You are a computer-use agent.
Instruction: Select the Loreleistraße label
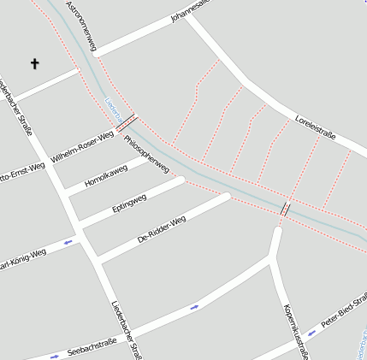pos(315,128)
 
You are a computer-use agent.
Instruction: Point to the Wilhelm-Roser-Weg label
pos(82,147)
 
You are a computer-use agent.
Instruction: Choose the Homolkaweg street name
pos(107,177)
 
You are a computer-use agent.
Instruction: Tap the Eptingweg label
pos(129,204)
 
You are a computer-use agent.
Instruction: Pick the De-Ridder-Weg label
pos(162,229)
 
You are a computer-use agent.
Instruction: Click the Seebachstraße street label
pos(92,343)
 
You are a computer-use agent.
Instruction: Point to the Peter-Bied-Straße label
pos(345,312)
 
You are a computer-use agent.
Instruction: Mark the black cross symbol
pos(35,63)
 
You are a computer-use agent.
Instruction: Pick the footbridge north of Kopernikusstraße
pos(285,209)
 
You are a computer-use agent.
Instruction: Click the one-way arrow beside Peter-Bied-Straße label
pos(311,333)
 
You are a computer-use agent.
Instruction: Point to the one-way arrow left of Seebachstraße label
pos(56,354)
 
